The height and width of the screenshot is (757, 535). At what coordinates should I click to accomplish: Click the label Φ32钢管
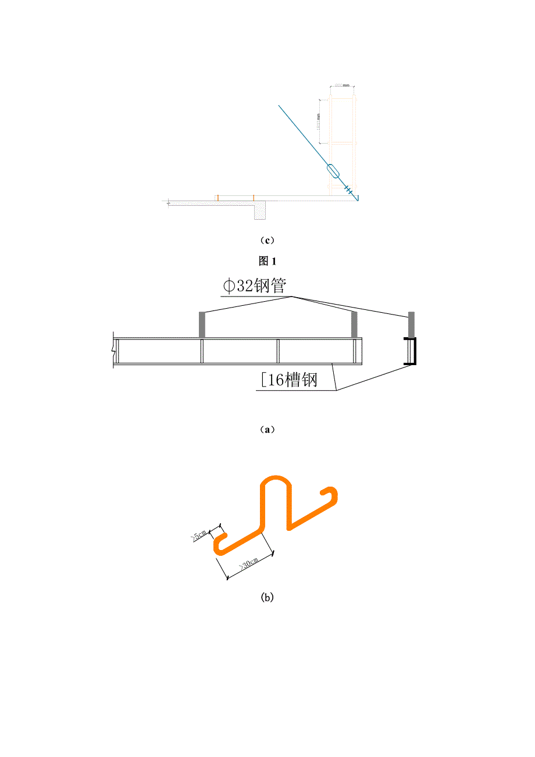(255, 286)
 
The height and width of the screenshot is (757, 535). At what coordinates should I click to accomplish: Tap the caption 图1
(267, 261)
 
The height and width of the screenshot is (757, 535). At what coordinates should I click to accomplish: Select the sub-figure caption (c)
(267, 240)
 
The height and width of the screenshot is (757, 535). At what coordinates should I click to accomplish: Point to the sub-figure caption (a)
(267, 430)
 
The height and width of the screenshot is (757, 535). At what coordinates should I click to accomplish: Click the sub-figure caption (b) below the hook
(267, 597)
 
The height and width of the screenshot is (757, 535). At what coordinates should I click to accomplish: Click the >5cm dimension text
(199, 534)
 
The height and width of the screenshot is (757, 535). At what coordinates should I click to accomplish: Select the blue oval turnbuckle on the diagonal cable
(333, 171)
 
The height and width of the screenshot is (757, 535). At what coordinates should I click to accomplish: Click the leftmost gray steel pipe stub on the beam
(202, 324)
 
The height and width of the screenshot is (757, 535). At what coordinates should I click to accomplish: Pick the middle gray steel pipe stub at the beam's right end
(354, 324)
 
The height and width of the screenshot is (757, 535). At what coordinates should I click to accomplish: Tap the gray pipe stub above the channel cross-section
(412, 323)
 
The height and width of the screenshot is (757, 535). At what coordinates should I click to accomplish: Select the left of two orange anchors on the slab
(217, 198)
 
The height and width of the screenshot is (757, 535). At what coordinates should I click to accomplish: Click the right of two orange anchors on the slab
(254, 198)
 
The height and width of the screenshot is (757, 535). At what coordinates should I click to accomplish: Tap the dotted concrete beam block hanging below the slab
(260, 210)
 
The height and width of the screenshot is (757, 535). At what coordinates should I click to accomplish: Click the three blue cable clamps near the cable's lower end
(348, 189)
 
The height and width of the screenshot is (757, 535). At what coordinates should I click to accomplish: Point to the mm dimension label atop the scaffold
(343, 85)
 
